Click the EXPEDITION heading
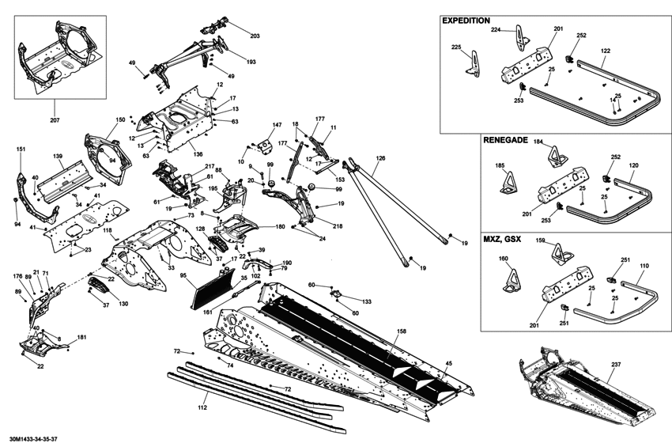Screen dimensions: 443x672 pyautogui.click(x=466, y=21)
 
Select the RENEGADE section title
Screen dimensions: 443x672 pyautogui.click(x=506, y=139)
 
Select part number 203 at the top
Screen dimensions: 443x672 pyautogui.click(x=255, y=36)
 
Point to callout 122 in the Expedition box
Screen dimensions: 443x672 pyautogui.click(x=606, y=51)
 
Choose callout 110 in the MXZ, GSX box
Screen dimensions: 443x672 pyautogui.click(x=644, y=267)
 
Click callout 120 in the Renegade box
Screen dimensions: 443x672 pyautogui.click(x=633, y=167)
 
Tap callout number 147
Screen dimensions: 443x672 pyautogui.click(x=277, y=126)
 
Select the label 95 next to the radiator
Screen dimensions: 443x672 pyautogui.click(x=183, y=275)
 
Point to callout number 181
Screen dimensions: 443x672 pyautogui.click(x=82, y=338)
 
